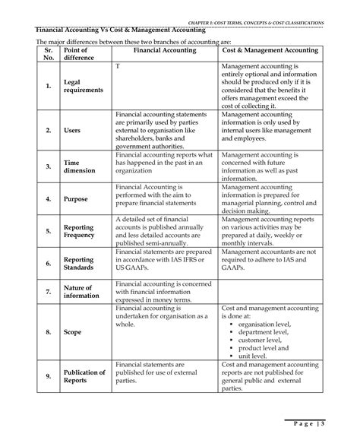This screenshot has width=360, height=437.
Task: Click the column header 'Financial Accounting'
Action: pyautogui.click(x=165, y=49)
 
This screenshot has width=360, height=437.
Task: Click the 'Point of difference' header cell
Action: pyautogui.click(x=81, y=54)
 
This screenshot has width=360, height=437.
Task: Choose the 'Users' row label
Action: pyautogui.click(x=73, y=131)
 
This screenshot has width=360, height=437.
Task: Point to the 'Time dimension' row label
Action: pyautogui.click(x=81, y=166)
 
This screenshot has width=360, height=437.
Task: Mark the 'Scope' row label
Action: pyautogui.click(x=74, y=332)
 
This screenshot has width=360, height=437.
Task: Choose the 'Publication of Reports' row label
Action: pyautogui.click(x=84, y=377)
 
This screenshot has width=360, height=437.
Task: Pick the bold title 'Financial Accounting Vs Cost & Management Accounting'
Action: pyautogui.click(x=122, y=30)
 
